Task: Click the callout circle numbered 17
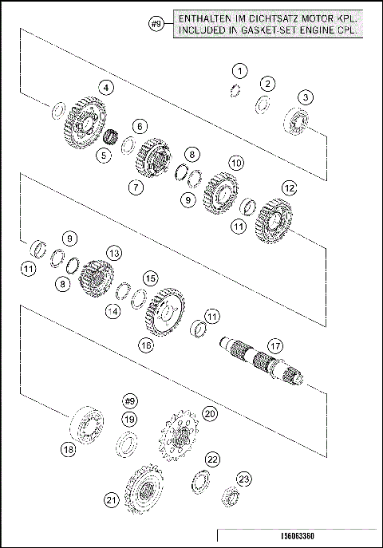[x=274, y=346]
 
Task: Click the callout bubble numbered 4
[x=105, y=87]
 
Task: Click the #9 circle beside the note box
[x=157, y=25]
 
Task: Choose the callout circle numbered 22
[x=211, y=459]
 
